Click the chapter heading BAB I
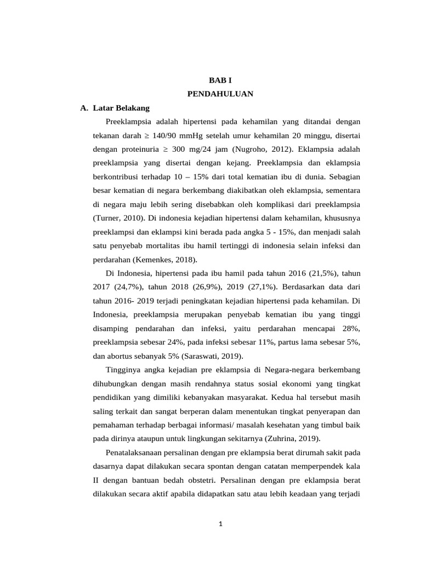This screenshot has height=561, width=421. pyautogui.click(x=220, y=80)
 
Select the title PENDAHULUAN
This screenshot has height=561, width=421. pyautogui.click(x=220, y=94)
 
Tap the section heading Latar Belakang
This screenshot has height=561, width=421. pyautogui.click(x=118, y=108)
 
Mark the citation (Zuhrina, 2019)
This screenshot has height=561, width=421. pyautogui.click(x=288, y=438)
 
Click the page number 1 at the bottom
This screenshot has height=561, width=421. pyautogui.click(x=220, y=524)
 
